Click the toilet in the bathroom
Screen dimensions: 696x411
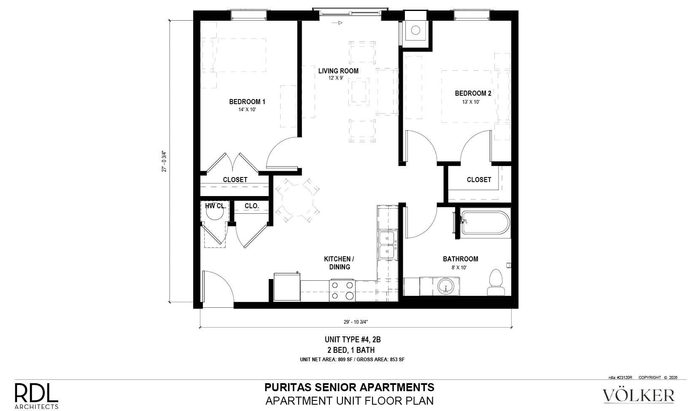pyautogui.click(x=496, y=282)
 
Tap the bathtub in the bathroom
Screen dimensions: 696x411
pyautogui.click(x=486, y=223)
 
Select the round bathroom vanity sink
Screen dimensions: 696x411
pyautogui.click(x=446, y=286)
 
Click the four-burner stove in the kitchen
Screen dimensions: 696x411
pyautogui.click(x=342, y=290)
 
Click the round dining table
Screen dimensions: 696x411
pyautogui.click(x=297, y=200)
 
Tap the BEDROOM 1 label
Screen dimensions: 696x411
pyautogui.click(x=247, y=102)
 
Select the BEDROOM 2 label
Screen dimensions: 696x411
pyautogui.click(x=473, y=93)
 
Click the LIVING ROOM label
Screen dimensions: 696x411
pyautogui.click(x=338, y=71)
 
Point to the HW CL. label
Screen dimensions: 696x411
pyautogui.click(x=216, y=206)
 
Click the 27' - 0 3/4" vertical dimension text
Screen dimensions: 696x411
pyautogui.click(x=164, y=161)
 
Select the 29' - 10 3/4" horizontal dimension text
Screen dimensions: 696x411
pyautogui.click(x=356, y=322)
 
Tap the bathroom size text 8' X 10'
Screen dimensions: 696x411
pyautogui.click(x=459, y=267)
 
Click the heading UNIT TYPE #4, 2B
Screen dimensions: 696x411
pyautogui.click(x=353, y=339)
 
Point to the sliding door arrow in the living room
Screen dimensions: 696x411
pyautogui.click(x=337, y=23)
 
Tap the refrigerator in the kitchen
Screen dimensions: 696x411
pyautogui.click(x=287, y=287)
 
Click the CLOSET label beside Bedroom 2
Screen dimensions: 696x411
pyautogui.click(x=479, y=180)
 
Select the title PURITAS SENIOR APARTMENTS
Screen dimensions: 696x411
pyautogui.click(x=349, y=387)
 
